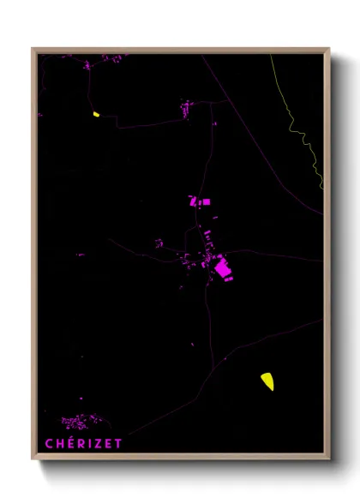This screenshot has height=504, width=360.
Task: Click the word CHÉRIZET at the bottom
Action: [x=84, y=443]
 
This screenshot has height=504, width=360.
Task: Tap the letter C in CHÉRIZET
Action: [x=50, y=444]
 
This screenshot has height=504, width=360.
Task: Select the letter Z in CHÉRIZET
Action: [x=99, y=444]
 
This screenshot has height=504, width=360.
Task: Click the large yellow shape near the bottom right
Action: [x=267, y=381]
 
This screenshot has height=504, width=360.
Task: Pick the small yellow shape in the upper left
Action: [x=97, y=113]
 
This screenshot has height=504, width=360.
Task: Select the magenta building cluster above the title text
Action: [x=77, y=422]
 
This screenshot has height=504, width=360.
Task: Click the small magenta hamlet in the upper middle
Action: [x=187, y=108]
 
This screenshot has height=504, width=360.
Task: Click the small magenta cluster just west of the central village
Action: [x=159, y=243]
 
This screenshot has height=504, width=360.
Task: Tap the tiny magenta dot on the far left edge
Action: [x=39, y=114]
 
